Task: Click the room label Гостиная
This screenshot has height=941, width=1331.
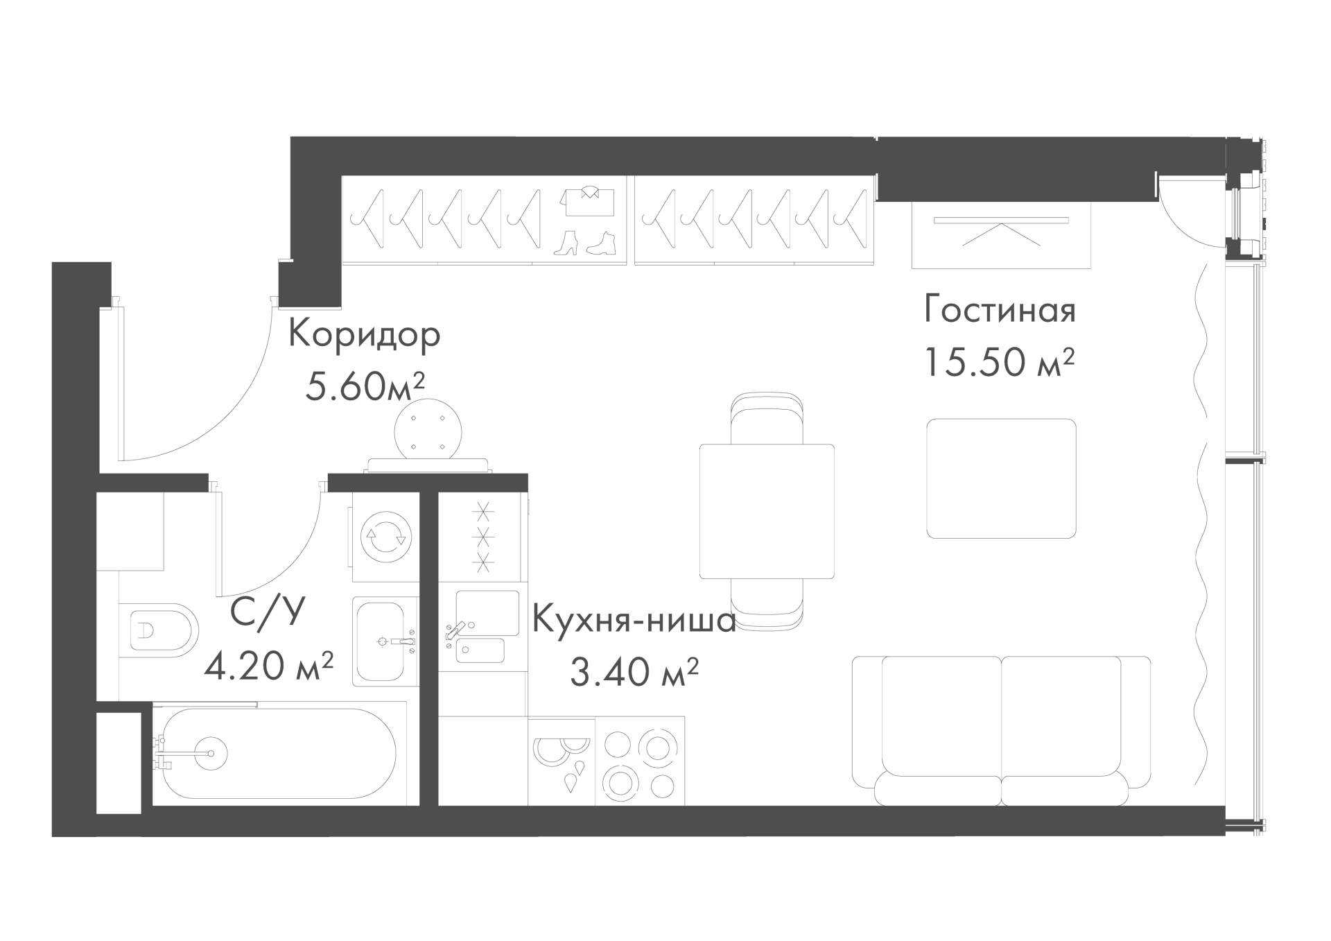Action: [1000, 309]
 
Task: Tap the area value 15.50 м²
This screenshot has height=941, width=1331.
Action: [1000, 361]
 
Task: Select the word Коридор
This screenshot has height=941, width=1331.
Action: [364, 335]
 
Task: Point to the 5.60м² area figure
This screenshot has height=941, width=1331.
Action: [365, 386]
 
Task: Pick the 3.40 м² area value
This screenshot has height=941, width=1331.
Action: [634, 671]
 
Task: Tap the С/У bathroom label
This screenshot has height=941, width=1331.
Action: [268, 613]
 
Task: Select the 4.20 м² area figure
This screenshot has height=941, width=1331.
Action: [269, 665]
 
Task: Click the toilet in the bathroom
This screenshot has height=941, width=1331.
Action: [159, 630]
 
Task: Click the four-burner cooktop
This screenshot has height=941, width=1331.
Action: [640, 761]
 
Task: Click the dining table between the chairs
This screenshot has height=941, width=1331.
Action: [767, 511]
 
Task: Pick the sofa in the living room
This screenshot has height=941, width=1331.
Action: [1001, 730]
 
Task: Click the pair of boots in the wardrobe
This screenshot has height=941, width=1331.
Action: [585, 243]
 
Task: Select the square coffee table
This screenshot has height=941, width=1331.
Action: [1002, 478]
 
